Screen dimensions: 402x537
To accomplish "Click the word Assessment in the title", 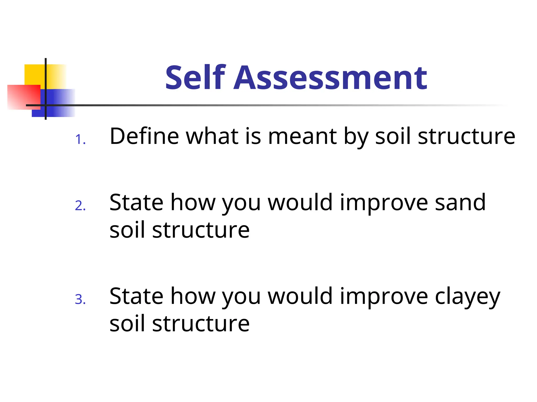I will click(330, 78).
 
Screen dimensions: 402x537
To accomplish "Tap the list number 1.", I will click(80, 139).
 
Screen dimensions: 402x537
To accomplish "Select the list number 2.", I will click(80, 206).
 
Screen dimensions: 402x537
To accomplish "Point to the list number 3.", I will click(80, 299).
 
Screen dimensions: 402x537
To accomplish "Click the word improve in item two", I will click(384, 203).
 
